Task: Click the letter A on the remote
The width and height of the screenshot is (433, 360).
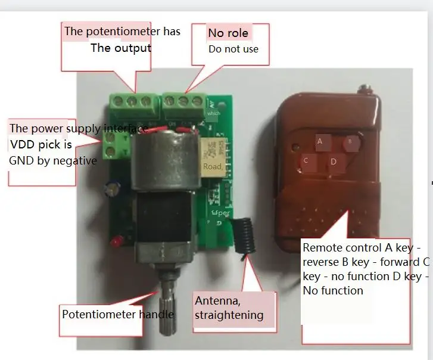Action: tap(320, 141)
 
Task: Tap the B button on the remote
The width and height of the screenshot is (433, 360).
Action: tap(350, 142)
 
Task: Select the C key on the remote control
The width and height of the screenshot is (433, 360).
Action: tap(306, 160)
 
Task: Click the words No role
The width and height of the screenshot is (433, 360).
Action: tap(228, 32)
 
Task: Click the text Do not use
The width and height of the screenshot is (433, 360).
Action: tap(233, 49)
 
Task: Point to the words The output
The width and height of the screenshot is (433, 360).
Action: tap(120, 48)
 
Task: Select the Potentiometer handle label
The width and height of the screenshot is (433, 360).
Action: tap(118, 314)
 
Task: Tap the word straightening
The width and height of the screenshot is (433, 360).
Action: tap(228, 315)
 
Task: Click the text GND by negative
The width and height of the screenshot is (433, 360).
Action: tap(53, 160)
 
